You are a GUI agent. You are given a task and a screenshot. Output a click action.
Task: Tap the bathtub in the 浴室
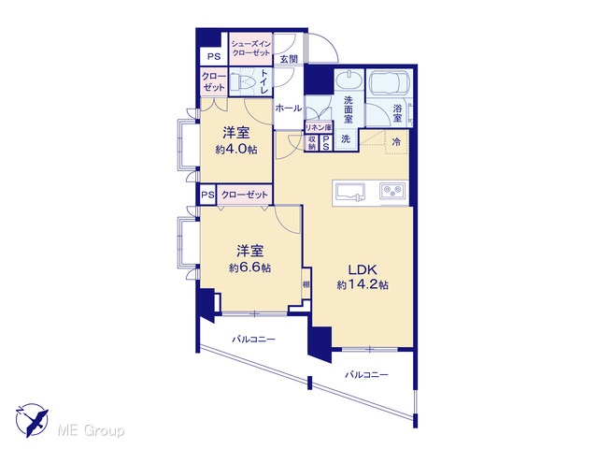389,82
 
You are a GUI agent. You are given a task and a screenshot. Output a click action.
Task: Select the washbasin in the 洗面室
349,80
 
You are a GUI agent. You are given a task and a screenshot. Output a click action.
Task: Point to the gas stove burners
393,190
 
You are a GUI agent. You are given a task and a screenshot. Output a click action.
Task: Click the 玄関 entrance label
289,59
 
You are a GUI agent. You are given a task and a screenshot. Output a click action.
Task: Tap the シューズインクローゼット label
250,49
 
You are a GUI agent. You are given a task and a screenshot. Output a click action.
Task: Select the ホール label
289,109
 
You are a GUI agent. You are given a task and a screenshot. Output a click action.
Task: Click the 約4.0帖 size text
236,150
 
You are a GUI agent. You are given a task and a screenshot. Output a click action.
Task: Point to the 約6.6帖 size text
249,268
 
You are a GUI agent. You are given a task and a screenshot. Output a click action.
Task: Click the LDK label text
363,270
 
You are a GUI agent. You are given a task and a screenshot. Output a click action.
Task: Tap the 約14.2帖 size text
363,284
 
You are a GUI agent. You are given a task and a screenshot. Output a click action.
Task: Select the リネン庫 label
319,127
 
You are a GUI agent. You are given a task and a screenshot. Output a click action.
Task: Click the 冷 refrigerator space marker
396,142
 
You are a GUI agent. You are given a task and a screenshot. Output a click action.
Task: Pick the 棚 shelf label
306,284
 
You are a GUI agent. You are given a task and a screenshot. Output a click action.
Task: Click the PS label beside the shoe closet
214,56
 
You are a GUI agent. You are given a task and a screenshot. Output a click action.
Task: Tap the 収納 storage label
312,143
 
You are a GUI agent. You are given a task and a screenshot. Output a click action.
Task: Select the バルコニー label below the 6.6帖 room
253,339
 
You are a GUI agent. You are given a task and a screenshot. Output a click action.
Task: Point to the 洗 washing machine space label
346,139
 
